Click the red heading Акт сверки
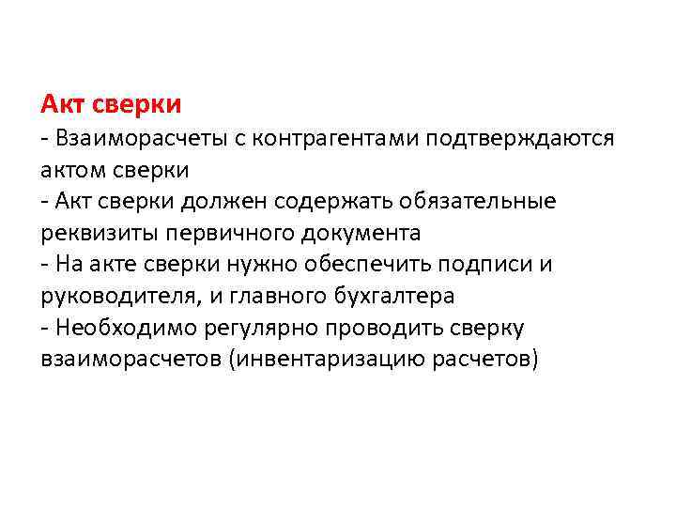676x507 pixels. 111,100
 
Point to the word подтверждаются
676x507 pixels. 520,139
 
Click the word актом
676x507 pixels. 72,171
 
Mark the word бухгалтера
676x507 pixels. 396,297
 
